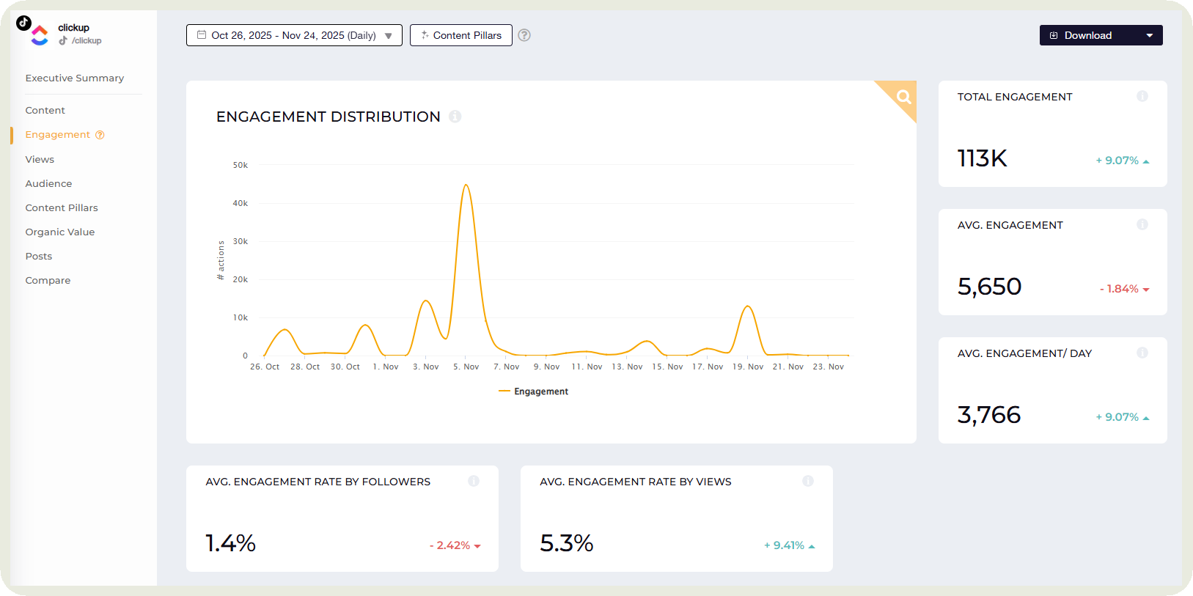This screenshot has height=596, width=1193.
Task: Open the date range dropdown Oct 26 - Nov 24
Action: pyautogui.click(x=294, y=35)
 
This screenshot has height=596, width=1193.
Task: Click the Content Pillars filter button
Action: pyautogui.click(x=460, y=35)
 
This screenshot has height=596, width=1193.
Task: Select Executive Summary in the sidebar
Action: pyautogui.click(x=74, y=78)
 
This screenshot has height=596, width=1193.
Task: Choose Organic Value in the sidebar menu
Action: pyautogui.click(x=59, y=232)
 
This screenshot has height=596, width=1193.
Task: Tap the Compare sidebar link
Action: pyautogui.click(x=48, y=281)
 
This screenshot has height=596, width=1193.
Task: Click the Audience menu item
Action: pyautogui.click(x=48, y=184)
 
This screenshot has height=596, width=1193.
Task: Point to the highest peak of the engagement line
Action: pyautogui.click(x=466, y=185)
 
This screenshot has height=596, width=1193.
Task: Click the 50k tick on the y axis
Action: pyautogui.click(x=240, y=166)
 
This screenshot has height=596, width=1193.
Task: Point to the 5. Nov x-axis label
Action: pyautogui.click(x=466, y=367)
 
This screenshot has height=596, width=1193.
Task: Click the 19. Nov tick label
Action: pyautogui.click(x=747, y=367)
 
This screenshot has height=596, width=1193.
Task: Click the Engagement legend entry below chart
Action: pyautogui.click(x=534, y=391)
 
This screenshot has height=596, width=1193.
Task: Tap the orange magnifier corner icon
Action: pyautogui.click(x=903, y=96)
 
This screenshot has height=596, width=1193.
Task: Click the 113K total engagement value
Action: pyautogui.click(x=982, y=158)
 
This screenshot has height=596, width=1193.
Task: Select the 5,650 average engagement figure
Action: pyautogui.click(x=989, y=287)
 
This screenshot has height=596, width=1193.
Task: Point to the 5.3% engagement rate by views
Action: pyautogui.click(x=566, y=543)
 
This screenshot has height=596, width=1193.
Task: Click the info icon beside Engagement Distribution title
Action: pyautogui.click(x=455, y=117)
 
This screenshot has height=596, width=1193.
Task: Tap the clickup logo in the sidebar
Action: pyautogui.click(x=39, y=34)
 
